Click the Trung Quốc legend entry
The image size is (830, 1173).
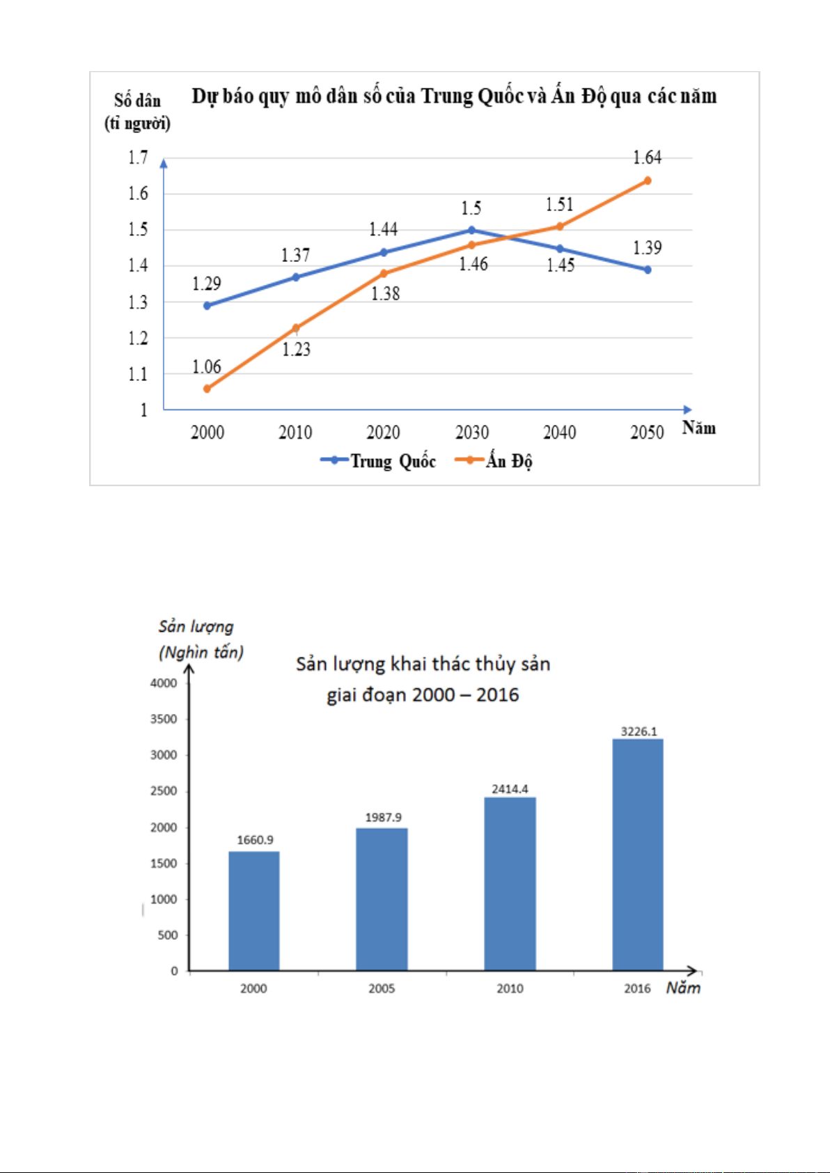pos(378,460)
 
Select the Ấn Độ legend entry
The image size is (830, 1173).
pos(494,460)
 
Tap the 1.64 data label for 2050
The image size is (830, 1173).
pos(647,157)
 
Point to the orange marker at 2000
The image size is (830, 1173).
pos(207,389)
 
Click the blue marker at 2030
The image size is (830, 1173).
pos(472,230)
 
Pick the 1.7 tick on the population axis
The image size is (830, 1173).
pos(138,157)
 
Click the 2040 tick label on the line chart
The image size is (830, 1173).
pos(560,433)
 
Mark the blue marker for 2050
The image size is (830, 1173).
pos(648,270)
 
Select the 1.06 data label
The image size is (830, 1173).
pos(207,366)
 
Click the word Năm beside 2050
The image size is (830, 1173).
pos(698,428)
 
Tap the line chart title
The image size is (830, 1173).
pos(454,96)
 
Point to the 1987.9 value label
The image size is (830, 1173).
pos(383,817)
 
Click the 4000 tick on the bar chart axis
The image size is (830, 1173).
pos(164,683)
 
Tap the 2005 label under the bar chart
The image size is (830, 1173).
pos(382,988)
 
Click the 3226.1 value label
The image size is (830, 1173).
pos(639,731)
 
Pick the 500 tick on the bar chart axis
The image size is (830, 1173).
pos(167,935)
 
